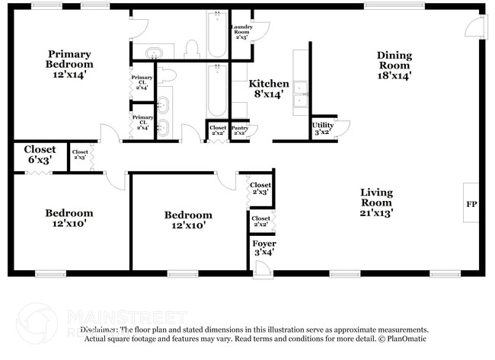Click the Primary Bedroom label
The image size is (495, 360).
click(x=69, y=64)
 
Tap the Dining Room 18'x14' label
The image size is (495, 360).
click(x=394, y=65)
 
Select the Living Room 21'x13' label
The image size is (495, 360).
click(x=376, y=202)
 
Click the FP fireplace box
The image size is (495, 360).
click(x=470, y=204)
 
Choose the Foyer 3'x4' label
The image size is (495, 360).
click(x=263, y=247)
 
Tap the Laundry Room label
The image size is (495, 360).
click(x=241, y=31)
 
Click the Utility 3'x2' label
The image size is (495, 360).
click(x=322, y=128)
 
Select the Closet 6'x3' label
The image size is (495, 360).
click(x=40, y=155)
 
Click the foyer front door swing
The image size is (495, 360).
click(x=262, y=268)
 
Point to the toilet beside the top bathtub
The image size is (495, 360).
click(x=191, y=50)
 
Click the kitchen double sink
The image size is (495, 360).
click(x=300, y=92)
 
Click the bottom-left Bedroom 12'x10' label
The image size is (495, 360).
click(x=69, y=218)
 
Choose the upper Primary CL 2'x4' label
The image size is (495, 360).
click(x=142, y=82)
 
